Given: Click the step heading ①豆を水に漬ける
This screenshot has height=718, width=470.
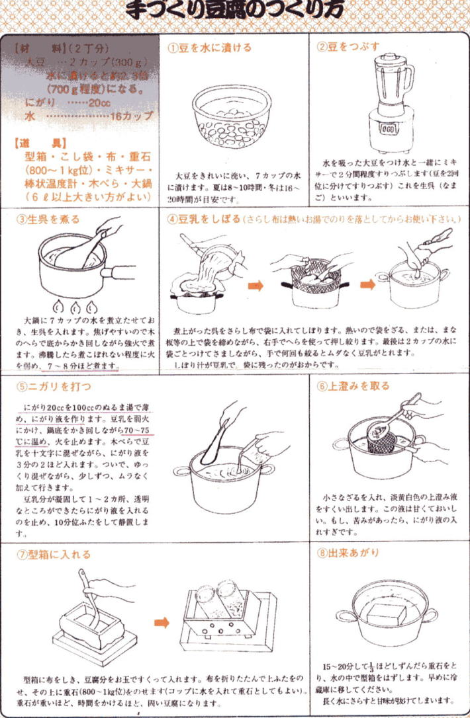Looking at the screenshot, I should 209,48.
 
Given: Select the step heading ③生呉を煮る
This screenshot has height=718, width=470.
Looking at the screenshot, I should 46,219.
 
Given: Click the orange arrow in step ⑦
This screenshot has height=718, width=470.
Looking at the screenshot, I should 162,623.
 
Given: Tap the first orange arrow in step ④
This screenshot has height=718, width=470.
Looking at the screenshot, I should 256,286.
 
